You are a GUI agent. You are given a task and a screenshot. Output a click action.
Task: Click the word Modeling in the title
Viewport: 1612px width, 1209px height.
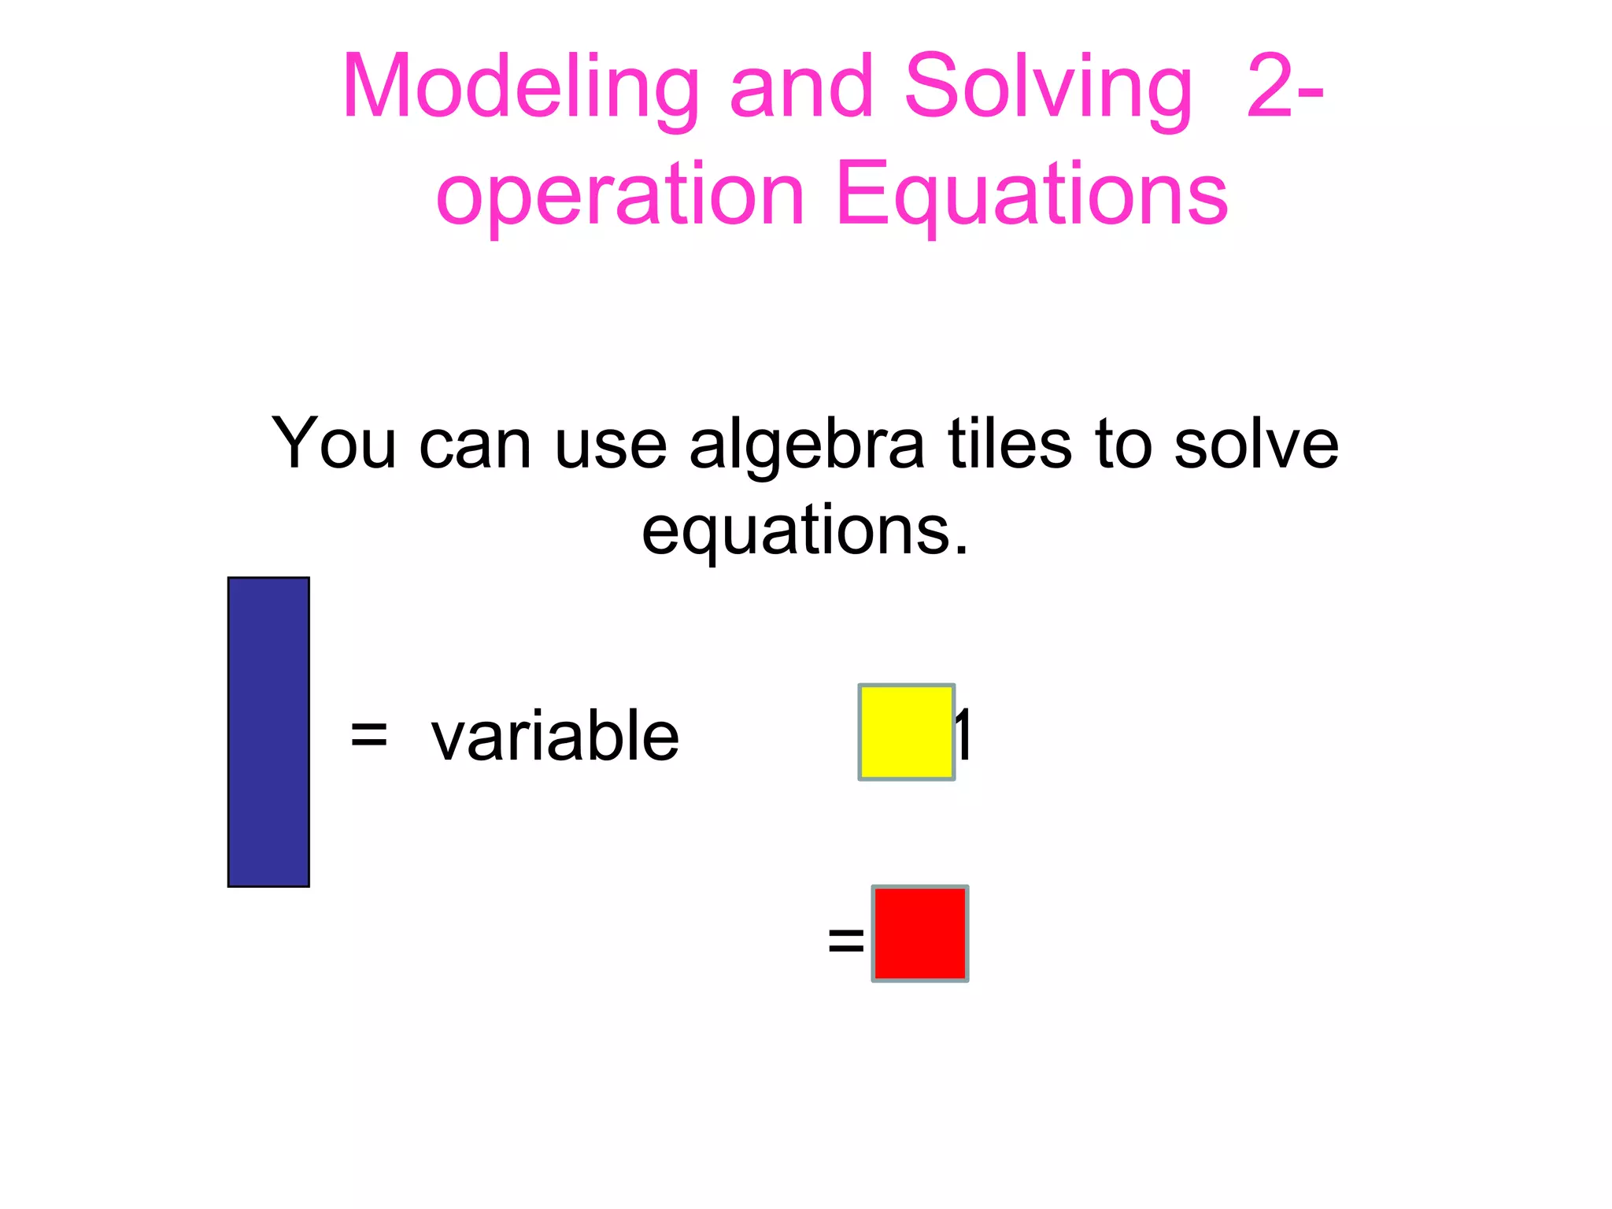click(520, 88)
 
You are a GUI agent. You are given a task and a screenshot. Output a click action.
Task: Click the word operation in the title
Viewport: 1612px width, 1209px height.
click(620, 195)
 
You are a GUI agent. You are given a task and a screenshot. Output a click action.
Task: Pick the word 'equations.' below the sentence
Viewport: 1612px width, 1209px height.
click(805, 531)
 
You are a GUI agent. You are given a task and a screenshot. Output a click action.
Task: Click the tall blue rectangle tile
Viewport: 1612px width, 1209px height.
click(268, 732)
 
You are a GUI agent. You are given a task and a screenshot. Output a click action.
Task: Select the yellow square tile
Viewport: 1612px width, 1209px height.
click(906, 732)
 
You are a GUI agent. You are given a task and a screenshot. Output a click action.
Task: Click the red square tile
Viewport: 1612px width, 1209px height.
click(920, 934)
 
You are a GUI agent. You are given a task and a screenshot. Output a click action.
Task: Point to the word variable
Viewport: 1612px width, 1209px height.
click(555, 736)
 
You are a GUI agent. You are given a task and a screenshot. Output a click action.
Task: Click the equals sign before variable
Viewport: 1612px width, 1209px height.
click(368, 736)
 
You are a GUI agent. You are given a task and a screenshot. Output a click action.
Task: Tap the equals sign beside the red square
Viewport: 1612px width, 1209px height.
click(846, 940)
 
